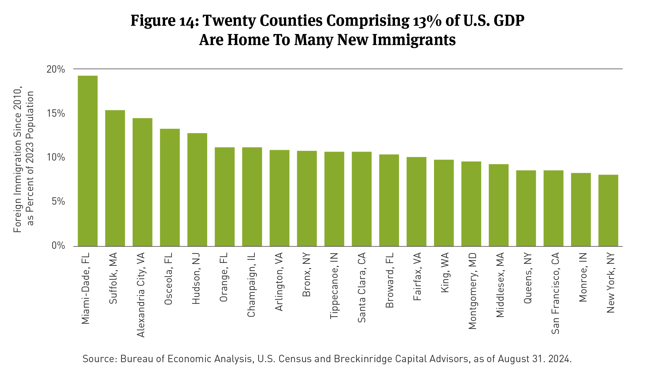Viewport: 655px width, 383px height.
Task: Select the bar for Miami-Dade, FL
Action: click(88, 161)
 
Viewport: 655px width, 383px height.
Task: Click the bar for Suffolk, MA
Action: click(115, 178)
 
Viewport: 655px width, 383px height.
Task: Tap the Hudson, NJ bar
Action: click(197, 190)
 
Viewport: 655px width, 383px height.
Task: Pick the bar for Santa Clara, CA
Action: click(362, 199)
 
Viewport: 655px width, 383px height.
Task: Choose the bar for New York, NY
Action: click(608, 210)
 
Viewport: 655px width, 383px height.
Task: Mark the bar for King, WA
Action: click(444, 203)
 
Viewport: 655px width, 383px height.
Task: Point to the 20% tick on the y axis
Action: click(56, 69)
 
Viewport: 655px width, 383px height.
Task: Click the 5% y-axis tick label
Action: click(58, 202)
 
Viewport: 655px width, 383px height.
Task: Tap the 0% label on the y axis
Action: click(58, 245)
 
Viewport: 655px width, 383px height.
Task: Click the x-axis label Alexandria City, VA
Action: click(141, 295)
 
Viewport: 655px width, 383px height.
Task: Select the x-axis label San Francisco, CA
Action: click(555, 293)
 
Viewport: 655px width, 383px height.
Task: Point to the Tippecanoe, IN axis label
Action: click(334, 286)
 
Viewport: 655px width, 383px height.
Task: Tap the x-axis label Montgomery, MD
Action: click(472, 291)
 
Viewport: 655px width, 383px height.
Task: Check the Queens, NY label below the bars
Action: click(528, 278)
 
